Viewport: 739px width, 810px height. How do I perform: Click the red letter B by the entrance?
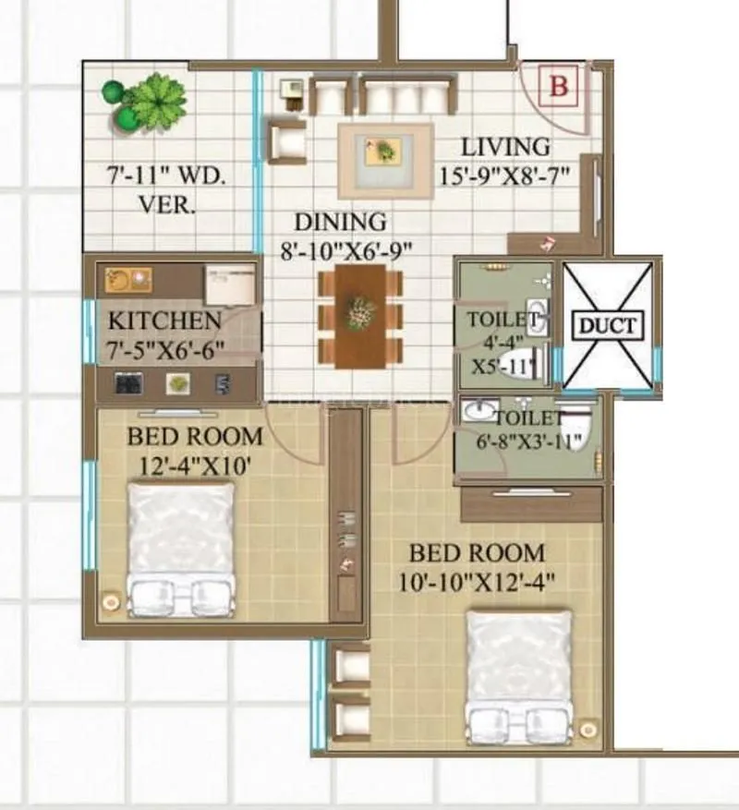[559, 88]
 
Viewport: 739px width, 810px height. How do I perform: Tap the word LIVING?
[504, 147]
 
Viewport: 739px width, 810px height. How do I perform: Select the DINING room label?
[340, 223]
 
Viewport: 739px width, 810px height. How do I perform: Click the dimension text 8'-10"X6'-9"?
[346, 248]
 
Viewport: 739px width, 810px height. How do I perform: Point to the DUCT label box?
[608, 325]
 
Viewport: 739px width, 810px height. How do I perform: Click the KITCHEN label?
[164, 321]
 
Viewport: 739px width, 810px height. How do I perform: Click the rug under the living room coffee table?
[384, 158]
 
